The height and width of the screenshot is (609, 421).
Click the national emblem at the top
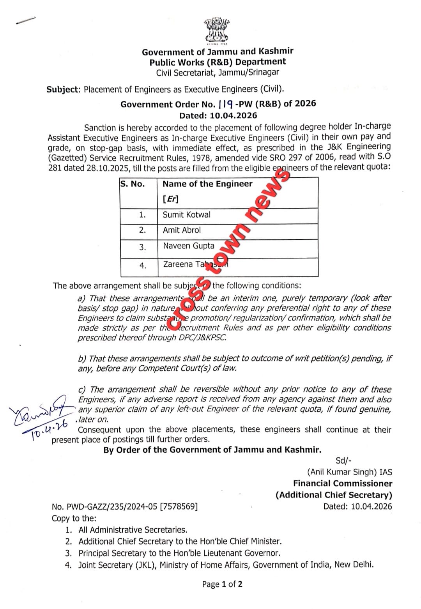tap(216, 30)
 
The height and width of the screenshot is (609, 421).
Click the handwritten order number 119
tap(226, 104)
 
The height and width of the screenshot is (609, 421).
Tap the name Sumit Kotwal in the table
tap(186, 215)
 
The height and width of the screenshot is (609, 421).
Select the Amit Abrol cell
tap(182, 230)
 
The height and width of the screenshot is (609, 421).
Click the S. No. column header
tap(133, 184)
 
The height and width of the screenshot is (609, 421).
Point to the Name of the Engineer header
tap(207, 184)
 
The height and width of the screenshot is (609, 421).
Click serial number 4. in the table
tap(143, 266)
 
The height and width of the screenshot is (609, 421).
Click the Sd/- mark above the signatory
tap(343, 460)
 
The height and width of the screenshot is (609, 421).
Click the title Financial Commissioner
tap(343, 483)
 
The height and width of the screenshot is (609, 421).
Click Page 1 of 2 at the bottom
tap(222, 584)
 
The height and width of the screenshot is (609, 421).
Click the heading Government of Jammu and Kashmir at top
tap(218, 52)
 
